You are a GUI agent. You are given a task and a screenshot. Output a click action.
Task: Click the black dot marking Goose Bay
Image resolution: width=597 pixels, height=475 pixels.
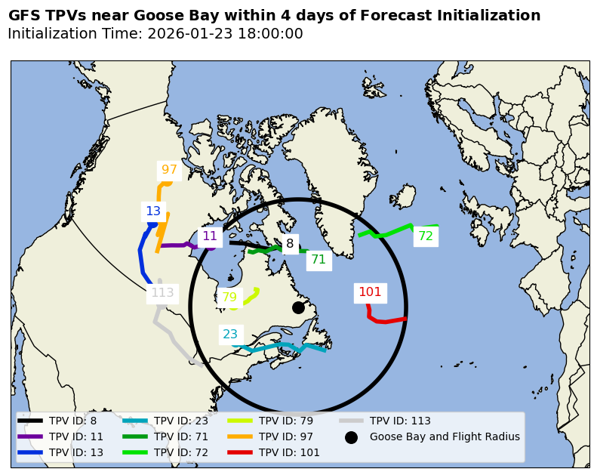point(298,307)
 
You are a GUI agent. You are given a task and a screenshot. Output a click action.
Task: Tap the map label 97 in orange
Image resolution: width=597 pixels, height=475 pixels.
point(169,170)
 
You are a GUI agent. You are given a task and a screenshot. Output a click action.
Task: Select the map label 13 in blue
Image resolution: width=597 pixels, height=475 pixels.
point(153,211)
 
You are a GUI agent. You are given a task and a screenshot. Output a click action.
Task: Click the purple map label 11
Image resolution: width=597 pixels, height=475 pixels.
point(210,236)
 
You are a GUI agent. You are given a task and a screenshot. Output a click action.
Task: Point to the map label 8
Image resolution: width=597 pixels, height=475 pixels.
point(290,244)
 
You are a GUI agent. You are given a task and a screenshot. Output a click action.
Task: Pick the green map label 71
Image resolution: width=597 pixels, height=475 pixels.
point(319,260)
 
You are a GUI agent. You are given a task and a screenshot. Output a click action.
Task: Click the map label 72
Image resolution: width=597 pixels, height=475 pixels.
point(426,236)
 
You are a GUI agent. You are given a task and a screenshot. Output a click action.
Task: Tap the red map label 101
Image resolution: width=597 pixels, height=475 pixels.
point(370,292)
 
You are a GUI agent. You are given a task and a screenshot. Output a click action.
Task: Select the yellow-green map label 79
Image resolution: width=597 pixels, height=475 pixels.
point(229,298)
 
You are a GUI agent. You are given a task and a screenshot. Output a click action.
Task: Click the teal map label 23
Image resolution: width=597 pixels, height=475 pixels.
point(230,334)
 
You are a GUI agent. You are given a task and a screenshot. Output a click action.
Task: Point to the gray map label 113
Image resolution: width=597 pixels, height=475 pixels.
point(162,293)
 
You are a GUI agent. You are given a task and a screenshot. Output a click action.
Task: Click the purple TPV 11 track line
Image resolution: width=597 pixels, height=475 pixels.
point(177,245)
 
